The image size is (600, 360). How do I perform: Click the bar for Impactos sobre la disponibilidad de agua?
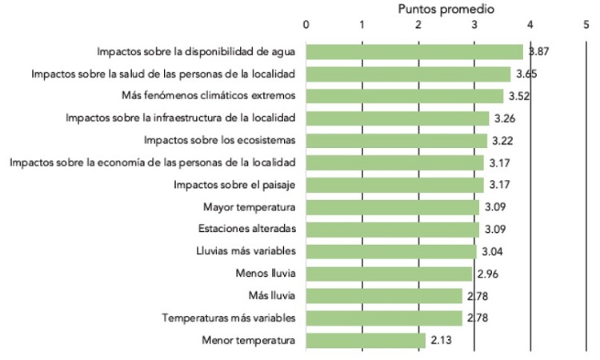click(x=414, y=52)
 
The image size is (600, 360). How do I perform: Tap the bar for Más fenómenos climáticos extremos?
click(x=405, y=96)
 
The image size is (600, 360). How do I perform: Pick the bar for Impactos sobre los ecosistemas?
click(x=397, y=141)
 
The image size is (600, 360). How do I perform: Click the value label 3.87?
click(x=536, y=52)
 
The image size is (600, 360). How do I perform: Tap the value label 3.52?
click(x=518, y=96)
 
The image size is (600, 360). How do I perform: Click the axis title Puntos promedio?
click(x=446, y=9)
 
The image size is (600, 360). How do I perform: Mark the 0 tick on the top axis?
click(x=307, y=24)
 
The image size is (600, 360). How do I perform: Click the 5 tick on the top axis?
click(x=586, y=24)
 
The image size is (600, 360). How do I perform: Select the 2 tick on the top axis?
click(x=418, y=24)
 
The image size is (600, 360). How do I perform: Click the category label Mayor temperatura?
click(x=250, y=207)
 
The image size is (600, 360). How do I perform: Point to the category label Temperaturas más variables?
click(x=229, y=318)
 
